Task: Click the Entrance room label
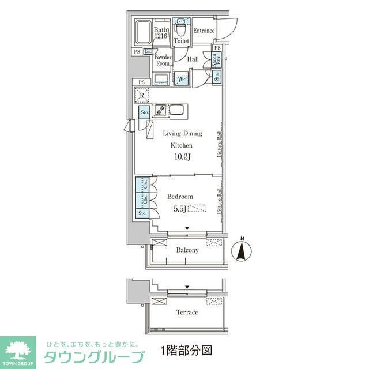click(x=204, y=31)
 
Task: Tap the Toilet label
click(x=182, y=42)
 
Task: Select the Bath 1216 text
click(x=161, y=33)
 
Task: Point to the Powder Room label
click(x=163, y=60)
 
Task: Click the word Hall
click(x=193, y=59)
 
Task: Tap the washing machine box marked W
click(x=180, y=79)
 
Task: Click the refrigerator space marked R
click(x=142, y=95)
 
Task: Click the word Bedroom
click(x=180, y=197)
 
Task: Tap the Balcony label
click(x=187, y=250)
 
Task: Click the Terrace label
click(x=186, y=312)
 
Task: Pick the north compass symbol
click(x=242, y=249)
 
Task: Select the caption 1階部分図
click(x=183, y=350)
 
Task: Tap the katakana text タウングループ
click(x=93, y=356)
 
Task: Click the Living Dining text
click(x=182, y=134)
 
